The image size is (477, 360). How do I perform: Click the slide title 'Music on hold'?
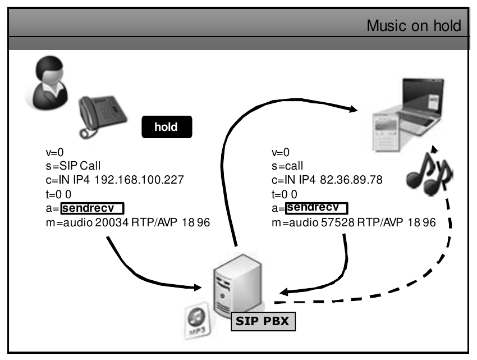[414, 26]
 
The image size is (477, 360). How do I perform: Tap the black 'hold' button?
[166, 127]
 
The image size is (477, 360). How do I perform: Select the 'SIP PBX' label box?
[264, 323]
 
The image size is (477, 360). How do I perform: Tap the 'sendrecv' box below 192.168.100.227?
[92, 209]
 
